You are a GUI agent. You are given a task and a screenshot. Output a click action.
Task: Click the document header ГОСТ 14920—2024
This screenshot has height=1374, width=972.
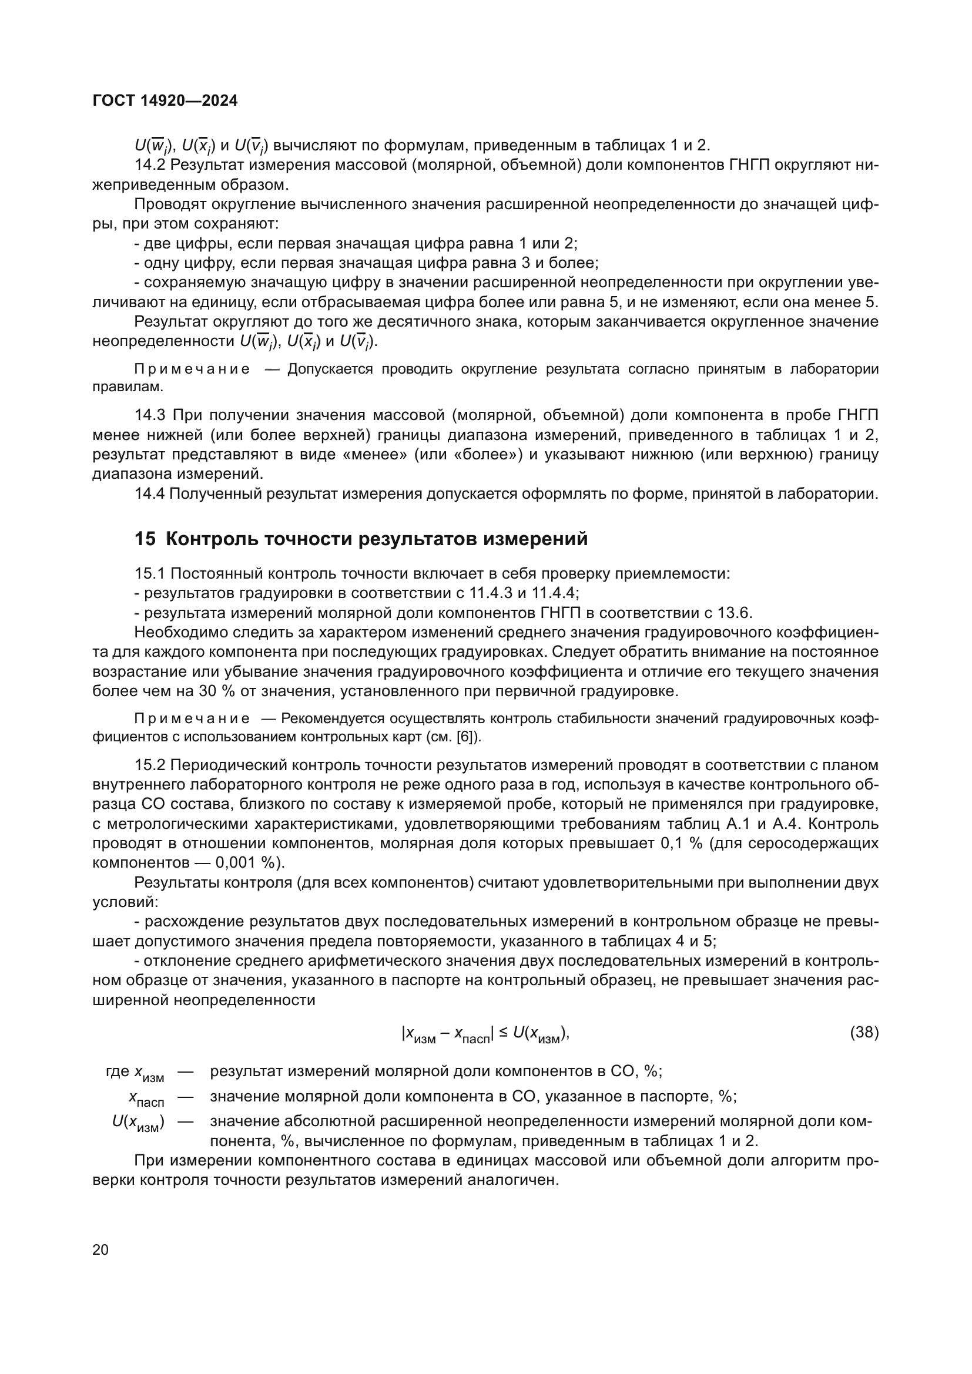165,100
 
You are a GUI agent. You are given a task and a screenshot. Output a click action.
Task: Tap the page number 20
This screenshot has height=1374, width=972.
100,1249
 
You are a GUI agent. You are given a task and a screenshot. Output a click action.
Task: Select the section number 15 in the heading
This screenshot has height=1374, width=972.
144,539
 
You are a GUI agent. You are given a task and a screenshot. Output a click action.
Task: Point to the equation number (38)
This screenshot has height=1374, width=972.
864,1032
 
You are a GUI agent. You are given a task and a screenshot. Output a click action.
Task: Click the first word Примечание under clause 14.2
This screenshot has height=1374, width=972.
192,369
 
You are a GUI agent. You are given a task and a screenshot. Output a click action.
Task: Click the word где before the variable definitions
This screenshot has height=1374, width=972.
118,1071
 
